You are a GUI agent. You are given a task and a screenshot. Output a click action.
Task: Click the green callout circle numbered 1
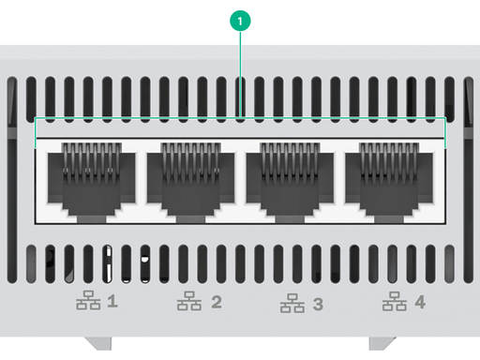240,21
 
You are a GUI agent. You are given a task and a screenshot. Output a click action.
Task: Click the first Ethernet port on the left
92,182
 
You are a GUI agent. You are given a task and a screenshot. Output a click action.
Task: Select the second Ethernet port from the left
190,182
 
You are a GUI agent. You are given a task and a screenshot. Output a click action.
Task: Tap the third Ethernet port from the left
290,182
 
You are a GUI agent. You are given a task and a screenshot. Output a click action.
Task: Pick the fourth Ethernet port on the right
389,182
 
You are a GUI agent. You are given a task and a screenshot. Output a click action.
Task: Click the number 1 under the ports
112,302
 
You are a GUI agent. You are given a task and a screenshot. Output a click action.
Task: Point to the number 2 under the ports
217,302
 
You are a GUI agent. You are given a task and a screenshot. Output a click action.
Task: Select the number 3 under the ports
318,304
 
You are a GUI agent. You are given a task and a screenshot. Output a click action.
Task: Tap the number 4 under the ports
420,302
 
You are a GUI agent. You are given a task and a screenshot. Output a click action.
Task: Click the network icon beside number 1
88,300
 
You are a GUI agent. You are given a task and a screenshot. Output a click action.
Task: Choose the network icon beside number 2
189,301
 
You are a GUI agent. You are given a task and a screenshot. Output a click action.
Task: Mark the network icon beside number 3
292,303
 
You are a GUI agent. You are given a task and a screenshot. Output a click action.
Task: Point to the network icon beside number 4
395,301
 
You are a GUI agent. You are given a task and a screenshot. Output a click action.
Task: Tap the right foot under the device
382,343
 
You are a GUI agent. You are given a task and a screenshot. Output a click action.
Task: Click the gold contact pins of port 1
92,162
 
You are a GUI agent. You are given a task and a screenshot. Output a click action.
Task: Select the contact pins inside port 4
389,162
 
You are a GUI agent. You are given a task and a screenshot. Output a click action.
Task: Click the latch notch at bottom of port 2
190,218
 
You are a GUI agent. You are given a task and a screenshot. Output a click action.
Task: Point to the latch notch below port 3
290,218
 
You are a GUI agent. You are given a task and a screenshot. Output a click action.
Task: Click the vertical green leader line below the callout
240,74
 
